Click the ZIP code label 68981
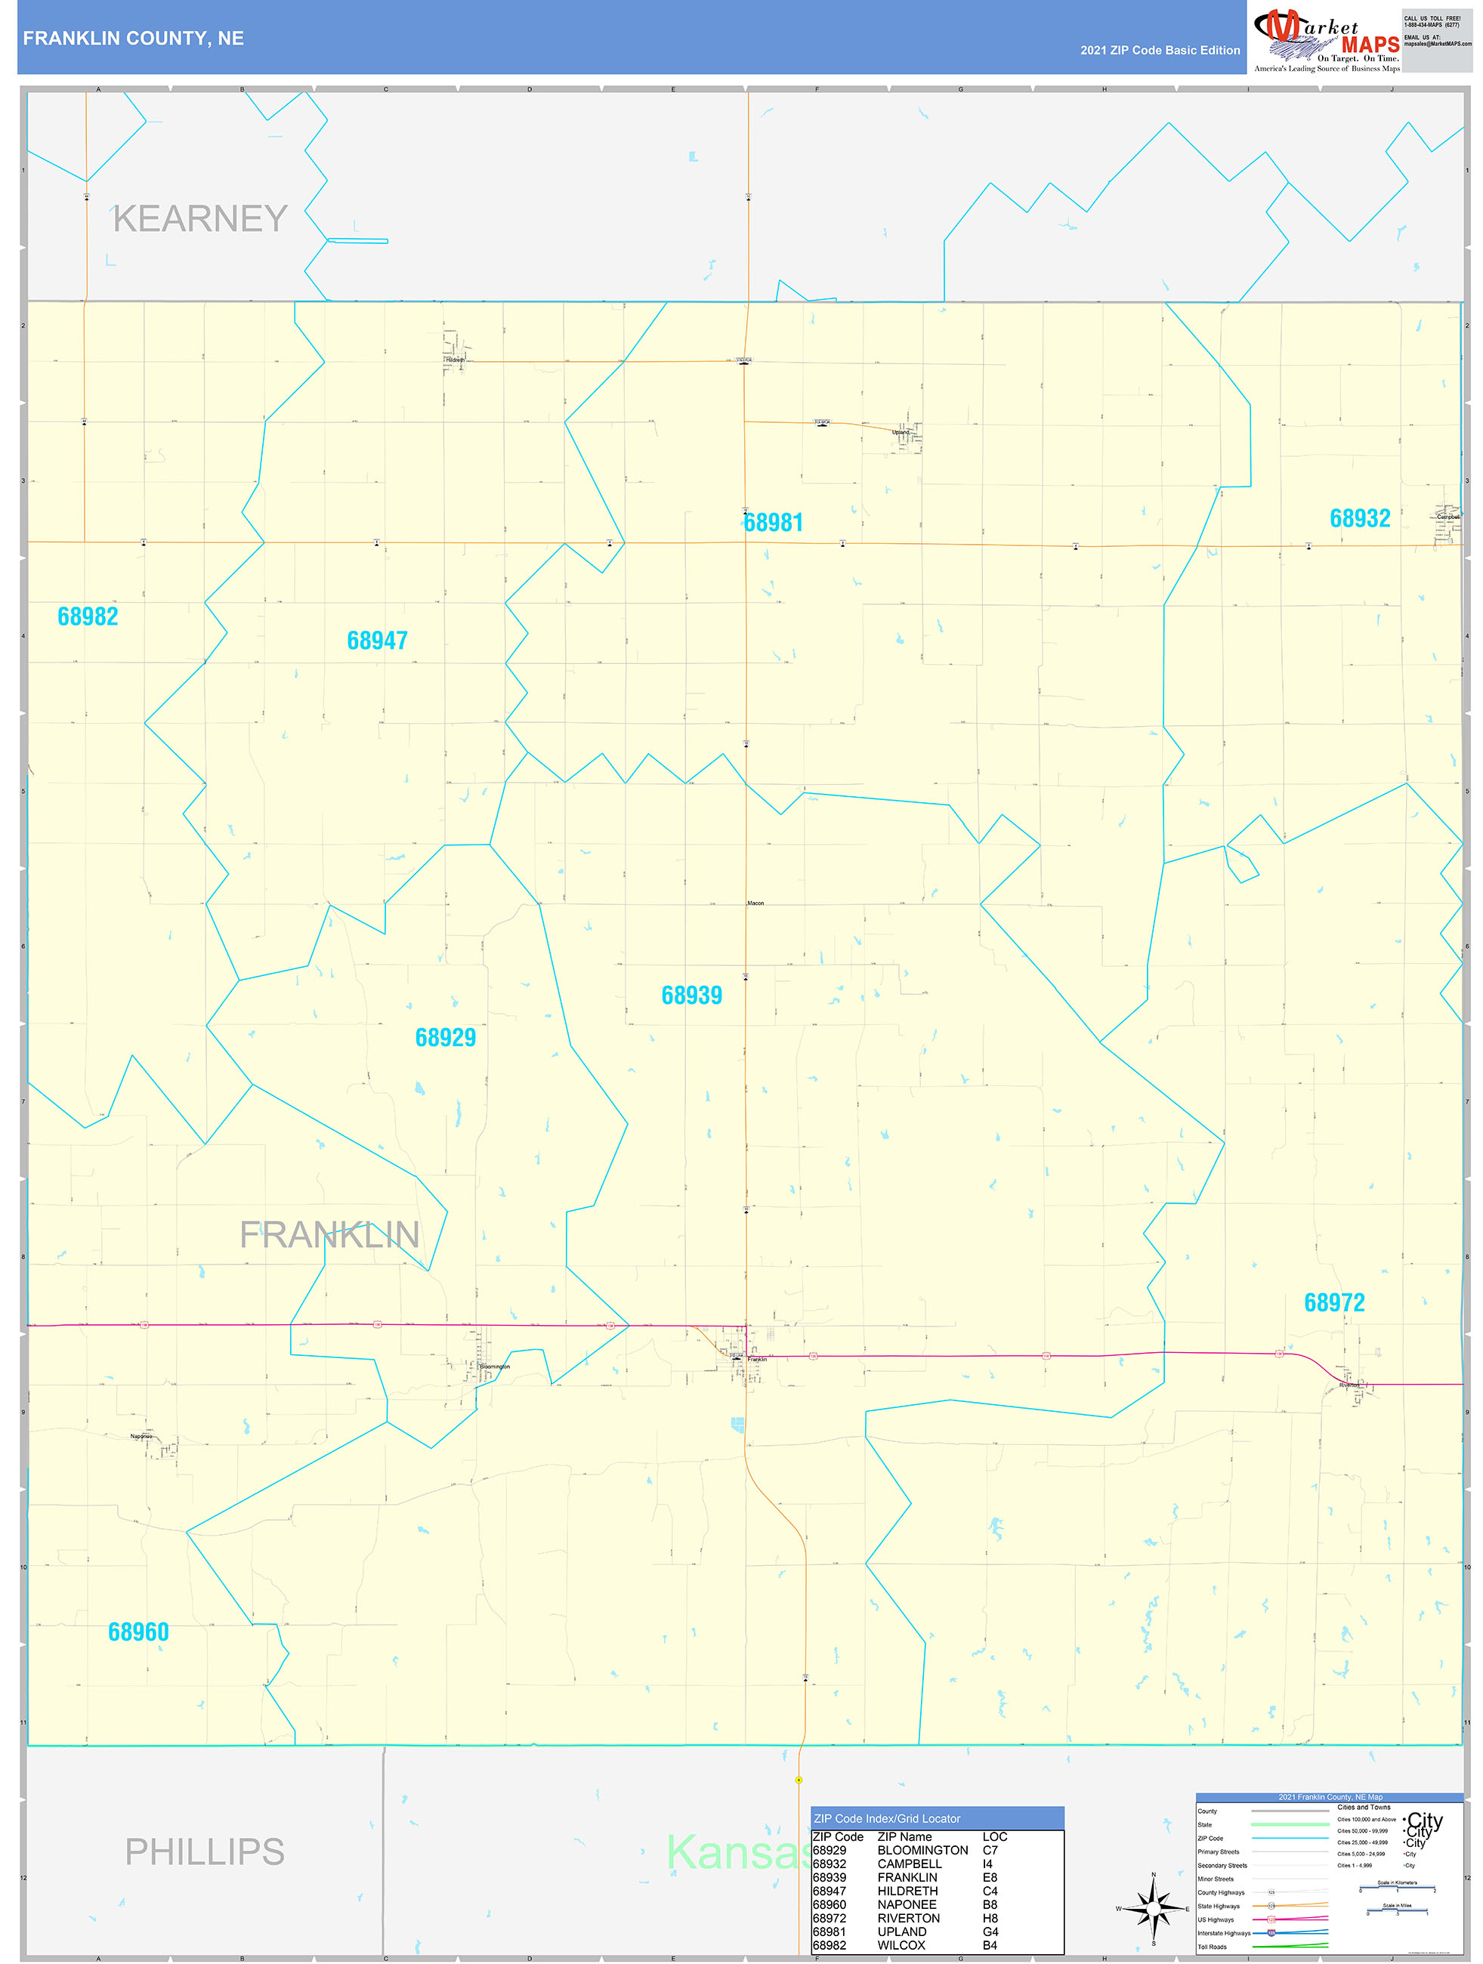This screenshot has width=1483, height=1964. [x=773, y=523]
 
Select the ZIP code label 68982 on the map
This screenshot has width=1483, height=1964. [x=88, y=616]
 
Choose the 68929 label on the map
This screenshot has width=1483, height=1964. [x=445, y=1037]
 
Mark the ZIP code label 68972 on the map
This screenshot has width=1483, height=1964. [x=1334, y=1302]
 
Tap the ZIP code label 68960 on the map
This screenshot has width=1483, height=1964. [x=137, y=1632]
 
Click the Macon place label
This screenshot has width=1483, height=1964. [x=755, y=903]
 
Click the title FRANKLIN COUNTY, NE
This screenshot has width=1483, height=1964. [x=133, y=39]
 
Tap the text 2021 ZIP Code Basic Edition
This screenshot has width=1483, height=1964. [x=1160, y=51]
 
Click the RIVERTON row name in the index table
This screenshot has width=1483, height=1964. [x=907, y=1918]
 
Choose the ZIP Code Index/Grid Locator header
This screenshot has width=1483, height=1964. [x=886, y=1818]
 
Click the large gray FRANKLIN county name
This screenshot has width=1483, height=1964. [x=329, y=1235]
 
